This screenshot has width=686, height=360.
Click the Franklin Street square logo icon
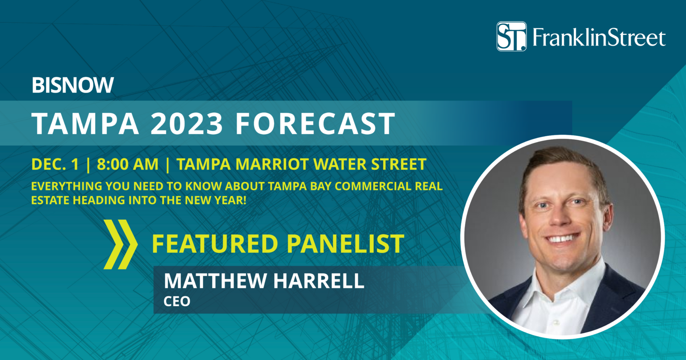[x=511, y=36]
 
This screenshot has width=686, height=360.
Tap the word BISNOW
[x=73, y=85]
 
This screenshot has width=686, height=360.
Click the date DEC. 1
[x=55, y=164]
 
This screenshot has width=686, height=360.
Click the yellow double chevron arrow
[x=121, y=244]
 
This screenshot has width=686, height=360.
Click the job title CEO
[x=177, y=301]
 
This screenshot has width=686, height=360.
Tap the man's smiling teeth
[x=564, y=238]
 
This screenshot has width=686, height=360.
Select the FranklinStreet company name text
[x=598, y=38]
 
